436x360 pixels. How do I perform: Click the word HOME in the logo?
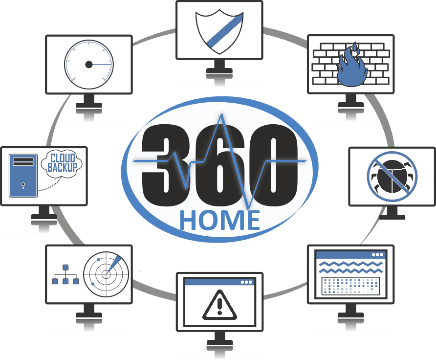(x=219, y=220)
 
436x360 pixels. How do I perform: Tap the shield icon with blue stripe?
(x=219, y=31)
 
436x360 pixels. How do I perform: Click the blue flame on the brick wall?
(x=352, y=66)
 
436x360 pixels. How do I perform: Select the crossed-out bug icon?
(x=392, y=177)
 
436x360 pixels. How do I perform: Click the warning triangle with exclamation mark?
(x=219, y=305)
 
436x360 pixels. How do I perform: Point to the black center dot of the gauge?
(x=88, y=65)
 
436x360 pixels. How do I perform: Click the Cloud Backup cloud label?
(x=62, y=163)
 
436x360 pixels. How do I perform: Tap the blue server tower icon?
(x=23, y=176)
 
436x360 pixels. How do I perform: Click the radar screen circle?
(x=106, y=274)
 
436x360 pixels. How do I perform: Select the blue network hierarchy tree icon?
(x=65, y=274)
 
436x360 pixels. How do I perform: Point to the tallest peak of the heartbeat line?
(x=221, y=114)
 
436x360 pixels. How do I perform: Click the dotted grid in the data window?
(x=350, y=286)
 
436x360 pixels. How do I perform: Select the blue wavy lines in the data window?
(x=350, y=267)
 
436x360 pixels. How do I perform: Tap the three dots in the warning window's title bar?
(x=246, y=282)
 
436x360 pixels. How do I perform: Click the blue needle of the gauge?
(x=102, y=65)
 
